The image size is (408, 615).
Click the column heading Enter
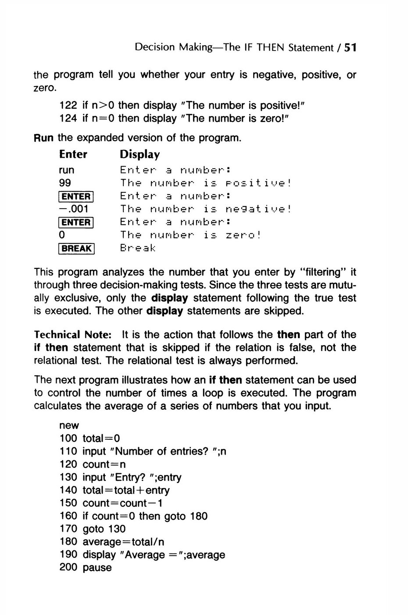[x=73, y=155]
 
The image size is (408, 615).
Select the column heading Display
[x=140, y=155]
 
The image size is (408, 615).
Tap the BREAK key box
[x=76, y=249]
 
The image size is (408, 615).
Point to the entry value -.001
[x=74, y=209]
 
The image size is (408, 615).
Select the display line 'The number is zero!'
[x=190, y=235]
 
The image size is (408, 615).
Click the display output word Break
[x=138, y=248]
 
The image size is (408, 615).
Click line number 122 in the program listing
[x=68, y=106]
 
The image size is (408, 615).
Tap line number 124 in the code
[x=68, y=119]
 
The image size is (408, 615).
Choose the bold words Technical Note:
[x=72, y=335]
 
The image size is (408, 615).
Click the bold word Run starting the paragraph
[x=44, y=138]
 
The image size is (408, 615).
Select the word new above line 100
[x=69, y=426]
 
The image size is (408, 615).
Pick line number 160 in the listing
[x=68, y=516]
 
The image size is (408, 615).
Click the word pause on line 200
[x=97, y=568]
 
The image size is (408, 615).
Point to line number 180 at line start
[x=68, y=542]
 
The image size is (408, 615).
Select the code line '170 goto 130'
[x=92, y=529]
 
